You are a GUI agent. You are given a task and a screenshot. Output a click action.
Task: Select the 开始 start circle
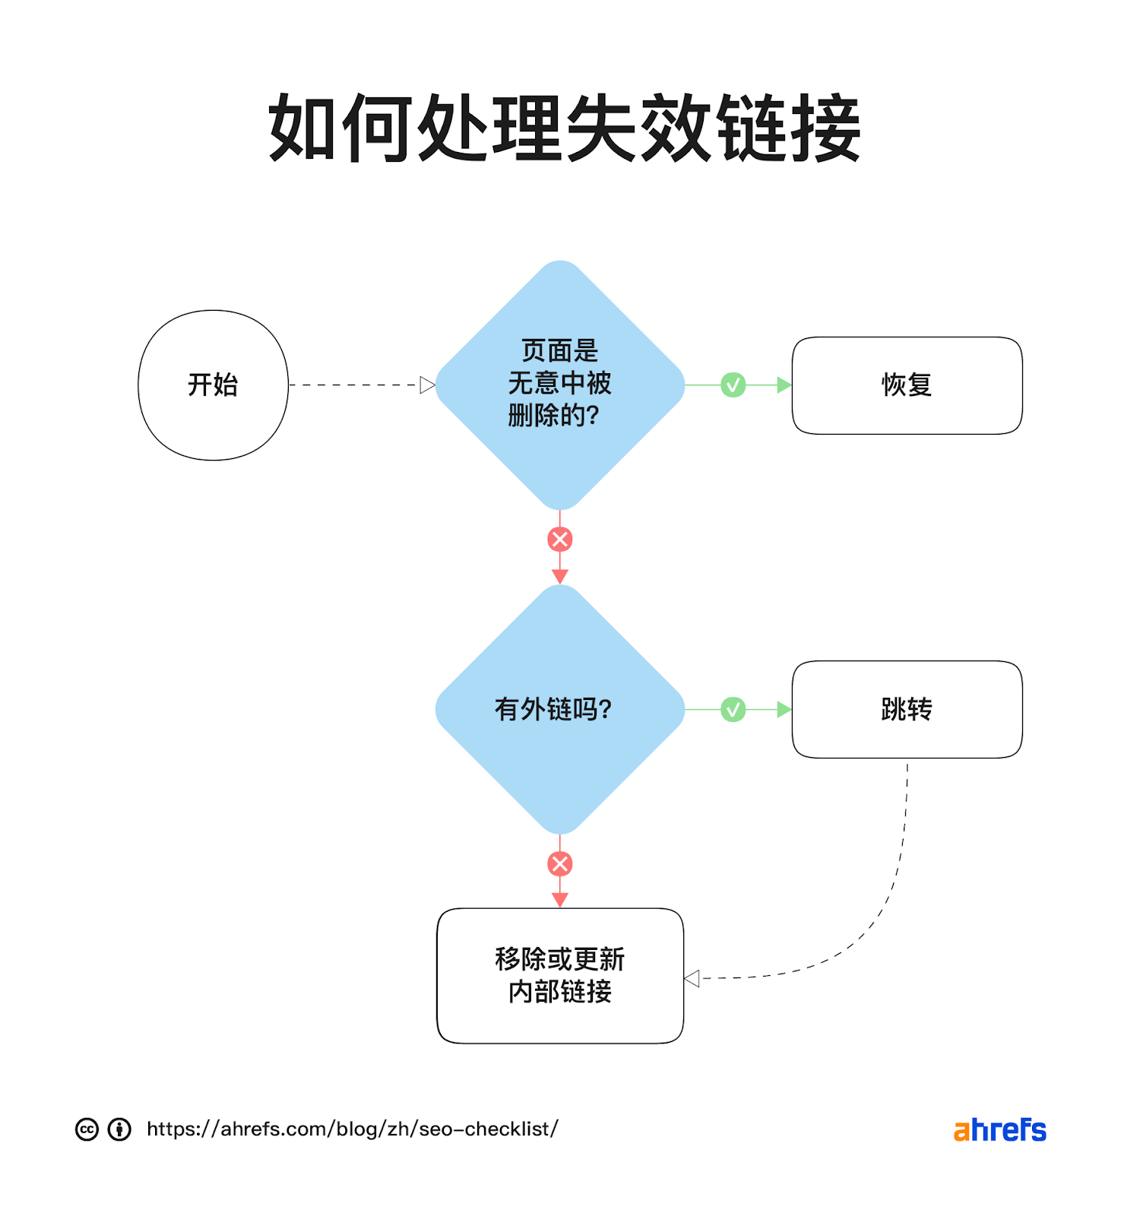(x=213, y=385)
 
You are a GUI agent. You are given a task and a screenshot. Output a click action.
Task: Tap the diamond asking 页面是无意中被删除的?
(x=560, y=385)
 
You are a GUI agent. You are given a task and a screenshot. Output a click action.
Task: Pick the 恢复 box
(x=907, y=385)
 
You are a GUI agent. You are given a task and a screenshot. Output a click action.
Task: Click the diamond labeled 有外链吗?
(x=560, y=709)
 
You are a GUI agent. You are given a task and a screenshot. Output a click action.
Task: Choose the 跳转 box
(x=907, y=709)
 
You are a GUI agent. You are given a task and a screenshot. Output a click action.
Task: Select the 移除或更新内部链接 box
(x=560, y=975)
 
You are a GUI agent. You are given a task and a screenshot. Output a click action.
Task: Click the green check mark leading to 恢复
(x=733, y=385)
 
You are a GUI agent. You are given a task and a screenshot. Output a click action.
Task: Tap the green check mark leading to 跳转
(x=733, y=710)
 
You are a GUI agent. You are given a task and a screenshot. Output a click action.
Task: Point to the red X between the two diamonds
(x=560, y=540)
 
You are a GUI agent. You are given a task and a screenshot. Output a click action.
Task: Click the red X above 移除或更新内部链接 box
(x=560, y=864)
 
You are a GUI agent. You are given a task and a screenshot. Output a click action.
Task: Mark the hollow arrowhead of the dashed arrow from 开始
(x=427, y=385)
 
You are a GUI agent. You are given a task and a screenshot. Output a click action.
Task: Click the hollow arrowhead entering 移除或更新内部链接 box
(x=692, y=978)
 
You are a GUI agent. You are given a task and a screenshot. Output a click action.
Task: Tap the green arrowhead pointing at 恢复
(x=784, y=385)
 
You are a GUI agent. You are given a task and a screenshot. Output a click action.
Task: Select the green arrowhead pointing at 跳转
(x=784, y=710)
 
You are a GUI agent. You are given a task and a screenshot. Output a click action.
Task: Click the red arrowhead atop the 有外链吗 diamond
(x=560, y=577)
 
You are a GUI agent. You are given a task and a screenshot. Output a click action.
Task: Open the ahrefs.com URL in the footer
(x=352, y=1129)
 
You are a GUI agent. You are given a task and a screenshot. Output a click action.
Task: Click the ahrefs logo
(x=999, y=1130)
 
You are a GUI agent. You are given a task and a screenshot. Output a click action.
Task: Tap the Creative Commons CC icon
(x=87, y=1130)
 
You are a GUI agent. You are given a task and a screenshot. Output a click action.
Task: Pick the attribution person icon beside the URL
(x=119, y=1130)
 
